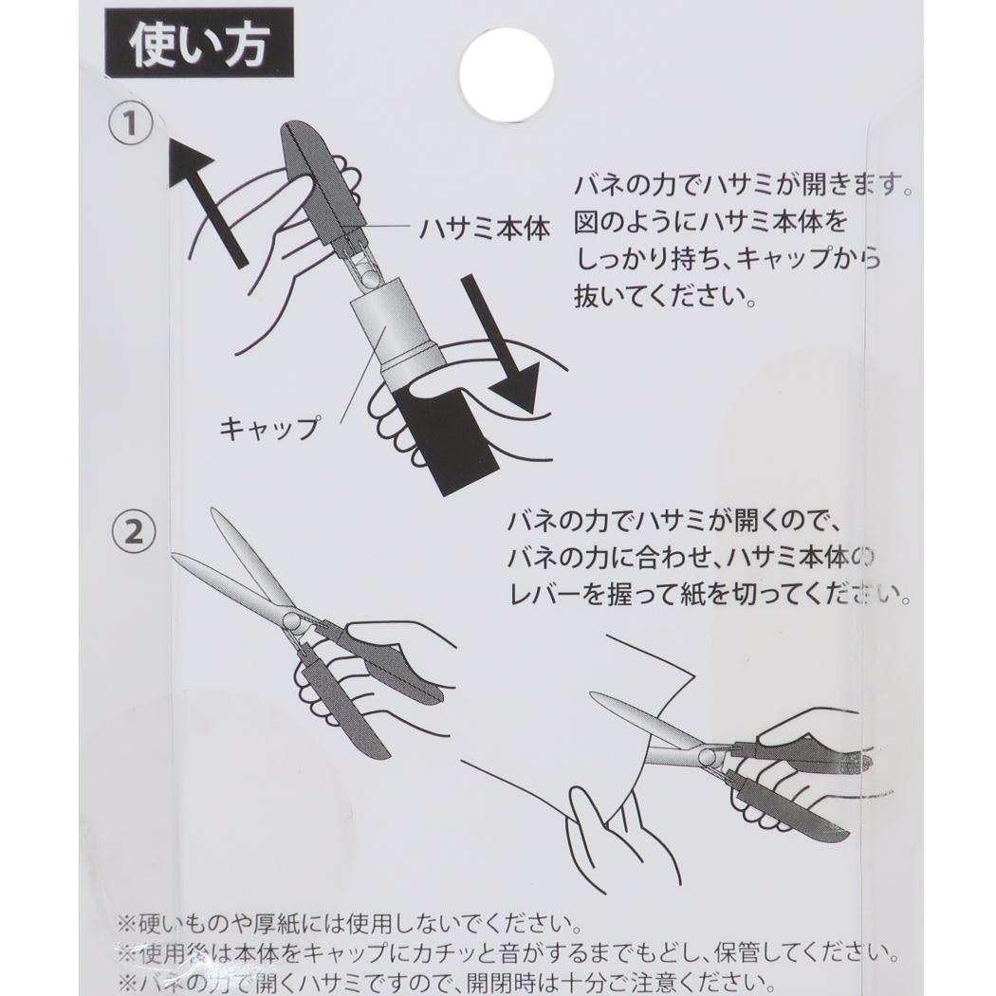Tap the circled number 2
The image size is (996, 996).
click(133, 532)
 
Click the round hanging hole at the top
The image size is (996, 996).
click(506, 75)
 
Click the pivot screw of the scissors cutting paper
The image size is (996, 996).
click(707, 756)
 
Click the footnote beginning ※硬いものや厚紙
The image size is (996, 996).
click(347, 923)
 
